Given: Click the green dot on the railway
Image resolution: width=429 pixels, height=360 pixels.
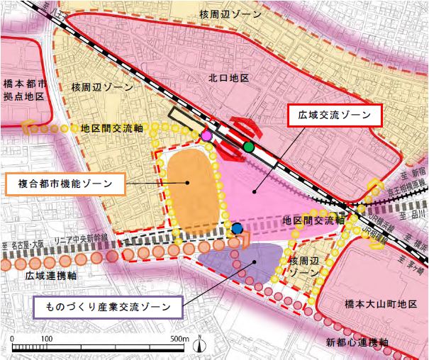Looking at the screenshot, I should pos(248,147).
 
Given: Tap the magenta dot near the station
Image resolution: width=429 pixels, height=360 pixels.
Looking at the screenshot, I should pos(207,135).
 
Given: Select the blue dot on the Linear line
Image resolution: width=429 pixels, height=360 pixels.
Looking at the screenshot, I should pos(237,228).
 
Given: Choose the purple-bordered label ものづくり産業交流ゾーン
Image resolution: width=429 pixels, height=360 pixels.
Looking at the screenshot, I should pos(108,308).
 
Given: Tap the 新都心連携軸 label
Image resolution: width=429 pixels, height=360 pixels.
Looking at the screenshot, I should pos(358,343).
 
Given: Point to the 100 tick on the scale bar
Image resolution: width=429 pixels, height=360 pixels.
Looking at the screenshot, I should pos(47,339).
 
